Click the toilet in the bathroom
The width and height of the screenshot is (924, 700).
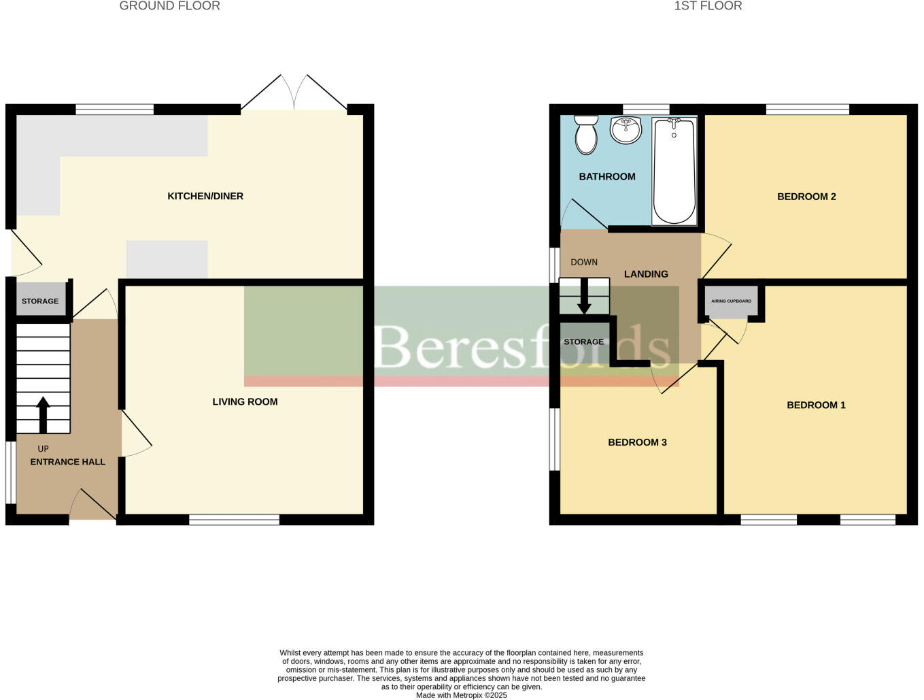(x=586, y=135)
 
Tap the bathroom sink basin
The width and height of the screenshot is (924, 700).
(x=626, y=130)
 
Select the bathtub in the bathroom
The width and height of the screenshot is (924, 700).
(x=674, y=171)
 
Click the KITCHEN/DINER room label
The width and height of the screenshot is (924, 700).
(x=205, y=196)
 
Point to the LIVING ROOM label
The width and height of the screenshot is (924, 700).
(x=245, y=401)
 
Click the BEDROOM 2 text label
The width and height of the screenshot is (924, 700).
(x=806, y=197)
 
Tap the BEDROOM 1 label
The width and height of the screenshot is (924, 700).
(x=816, y=405)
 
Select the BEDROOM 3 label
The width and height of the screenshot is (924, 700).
(x=637, y=442)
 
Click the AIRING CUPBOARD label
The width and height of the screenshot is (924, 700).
(x=731, y=301)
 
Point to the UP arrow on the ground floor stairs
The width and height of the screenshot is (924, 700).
(x=43, y=414)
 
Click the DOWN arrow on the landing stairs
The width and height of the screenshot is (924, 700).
(x=583, y=297)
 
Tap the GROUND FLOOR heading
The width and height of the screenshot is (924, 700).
(x=169, y=6)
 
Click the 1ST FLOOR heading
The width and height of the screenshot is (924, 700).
(x=708, y=6)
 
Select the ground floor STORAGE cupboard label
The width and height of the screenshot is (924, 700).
(x=40, y=301)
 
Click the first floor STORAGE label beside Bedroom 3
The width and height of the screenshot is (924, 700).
(x=583, y=341)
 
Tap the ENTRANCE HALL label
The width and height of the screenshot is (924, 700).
(x=67, y=461)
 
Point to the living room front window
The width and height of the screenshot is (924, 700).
(x=234, y=520)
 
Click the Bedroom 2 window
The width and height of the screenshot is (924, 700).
(x=807, y=109)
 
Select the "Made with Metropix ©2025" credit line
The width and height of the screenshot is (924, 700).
(x=461, y=695)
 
